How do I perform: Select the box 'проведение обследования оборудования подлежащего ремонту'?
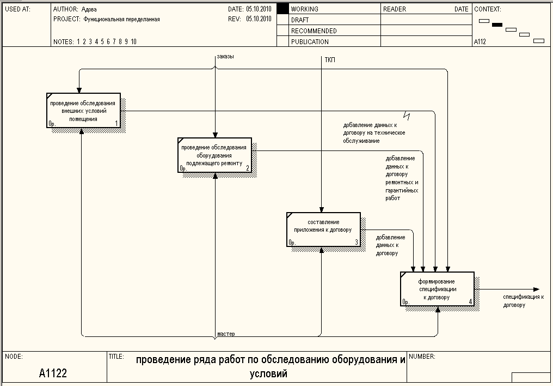click(x=214, y=155)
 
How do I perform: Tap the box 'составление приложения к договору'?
click(x=323, y=229)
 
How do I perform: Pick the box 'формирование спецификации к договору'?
click(x=438, y=289)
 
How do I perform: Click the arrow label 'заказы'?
click(x=225, y=56)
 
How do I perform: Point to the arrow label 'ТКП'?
click(x=330, y=60)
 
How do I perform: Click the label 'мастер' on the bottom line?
click(x=225, y=333)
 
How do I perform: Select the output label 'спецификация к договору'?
click(x=523, y=301)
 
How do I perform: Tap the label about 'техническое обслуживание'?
click(x=374, y=132)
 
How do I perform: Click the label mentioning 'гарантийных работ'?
click(x=402, y=178)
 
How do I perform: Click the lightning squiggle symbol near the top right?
click(x=407, y=115)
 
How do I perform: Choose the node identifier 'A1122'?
click(x=53, y=373)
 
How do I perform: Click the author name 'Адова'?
click(x=89, y=9)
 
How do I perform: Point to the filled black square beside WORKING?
click(x=281, y=9)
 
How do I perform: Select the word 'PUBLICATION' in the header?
click(x=310, y=41)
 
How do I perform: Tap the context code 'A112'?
click(x=480, y=41)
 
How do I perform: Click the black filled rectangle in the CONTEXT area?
click(x=497, y=25)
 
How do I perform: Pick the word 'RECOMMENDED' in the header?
click(x=314, y=31)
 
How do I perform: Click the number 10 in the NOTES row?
click(x=133, y=41)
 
